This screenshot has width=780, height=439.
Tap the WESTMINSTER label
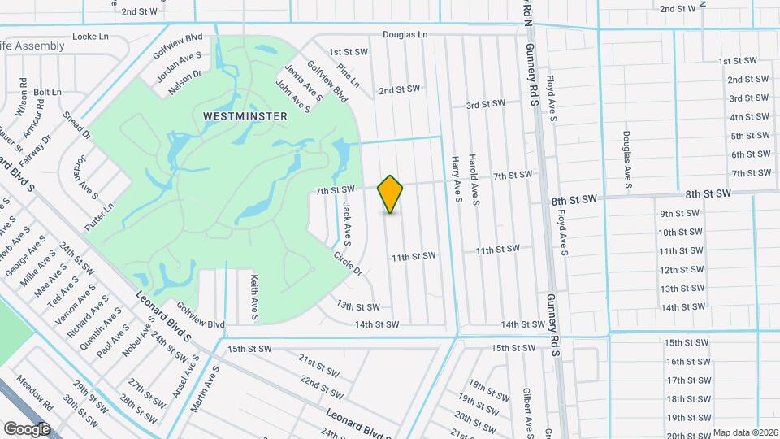245,116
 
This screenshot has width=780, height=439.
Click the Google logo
26,428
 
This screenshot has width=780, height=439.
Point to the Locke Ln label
90,37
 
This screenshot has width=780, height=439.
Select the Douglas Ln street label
405,35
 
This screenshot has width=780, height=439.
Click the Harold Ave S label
476,179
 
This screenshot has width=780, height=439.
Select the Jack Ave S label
346,224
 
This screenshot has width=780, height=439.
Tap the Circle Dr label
347,263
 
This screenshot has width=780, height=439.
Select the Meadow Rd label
34,392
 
